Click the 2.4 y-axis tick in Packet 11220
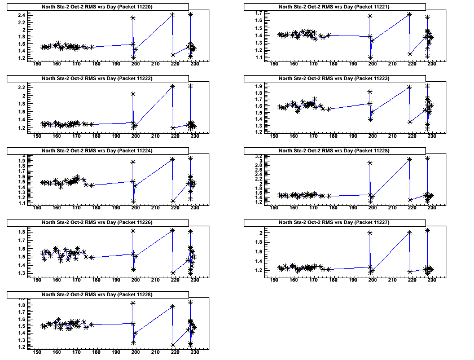click(21, 15)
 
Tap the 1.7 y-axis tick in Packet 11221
click(258, 13)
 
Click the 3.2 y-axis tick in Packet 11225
click(258, 156)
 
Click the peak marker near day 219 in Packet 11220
click(172, 15)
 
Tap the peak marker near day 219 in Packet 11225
click(409, 159)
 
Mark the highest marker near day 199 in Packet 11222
click(133, 94)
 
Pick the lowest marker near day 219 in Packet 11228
click(172, 345)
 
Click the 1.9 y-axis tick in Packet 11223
click(258, 86)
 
